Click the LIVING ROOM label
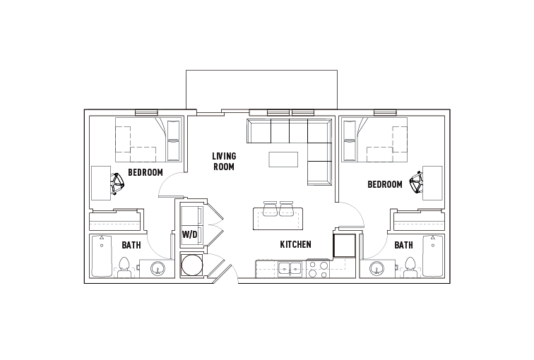224,161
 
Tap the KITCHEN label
295,244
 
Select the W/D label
189,234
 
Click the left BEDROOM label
146,172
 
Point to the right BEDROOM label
385,184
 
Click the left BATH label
131,245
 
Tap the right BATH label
403,245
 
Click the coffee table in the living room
283,160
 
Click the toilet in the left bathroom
125,266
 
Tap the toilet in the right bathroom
410,266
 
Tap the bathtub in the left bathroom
102,256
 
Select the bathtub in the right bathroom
432,256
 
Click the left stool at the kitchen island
271,209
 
